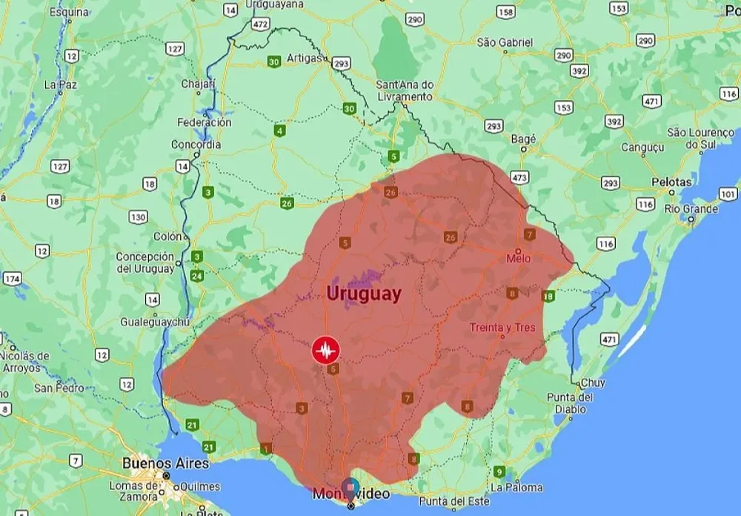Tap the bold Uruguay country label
365,294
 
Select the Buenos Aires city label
156,463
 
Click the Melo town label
519,259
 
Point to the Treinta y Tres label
502,328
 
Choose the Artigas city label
305,58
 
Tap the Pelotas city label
671,182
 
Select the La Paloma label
516,487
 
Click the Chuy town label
593,383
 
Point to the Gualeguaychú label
156,322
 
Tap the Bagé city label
523,139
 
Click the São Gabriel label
505,42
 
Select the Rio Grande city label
691,209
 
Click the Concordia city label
196,145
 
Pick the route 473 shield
519,178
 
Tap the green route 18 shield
548,297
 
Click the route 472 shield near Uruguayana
259,24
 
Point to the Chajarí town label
198,84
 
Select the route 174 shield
12,279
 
